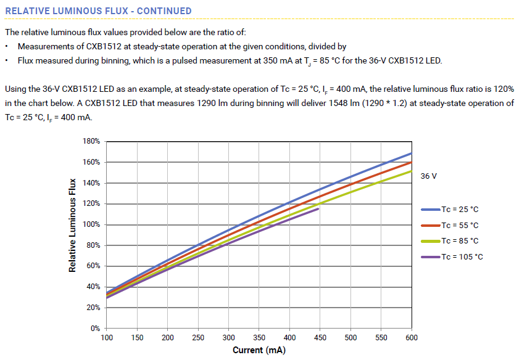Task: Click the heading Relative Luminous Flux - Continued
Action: coord(98,11)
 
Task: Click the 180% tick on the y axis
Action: coord(91,142)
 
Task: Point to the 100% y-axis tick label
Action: coord(91,224)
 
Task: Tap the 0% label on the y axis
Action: coord(95,329)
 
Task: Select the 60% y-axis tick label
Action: coord(93,266)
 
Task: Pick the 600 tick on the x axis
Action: coord(412,338)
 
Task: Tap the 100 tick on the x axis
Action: coord(106,338)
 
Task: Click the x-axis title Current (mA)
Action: coord(259,351)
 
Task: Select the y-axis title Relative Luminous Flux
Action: coord(73,225)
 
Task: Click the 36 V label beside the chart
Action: coord(429,176)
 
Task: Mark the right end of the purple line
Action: coord(318,209)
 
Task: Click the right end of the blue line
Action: coord(411,153)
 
